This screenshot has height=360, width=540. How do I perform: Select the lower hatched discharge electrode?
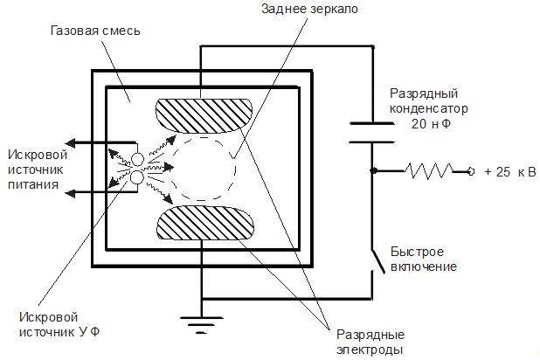202,224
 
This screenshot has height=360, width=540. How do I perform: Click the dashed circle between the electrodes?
202,169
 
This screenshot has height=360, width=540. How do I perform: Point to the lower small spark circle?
137,177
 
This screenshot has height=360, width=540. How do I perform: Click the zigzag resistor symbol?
431,170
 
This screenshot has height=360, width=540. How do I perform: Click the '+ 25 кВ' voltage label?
510,171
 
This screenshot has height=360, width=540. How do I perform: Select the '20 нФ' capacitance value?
431,124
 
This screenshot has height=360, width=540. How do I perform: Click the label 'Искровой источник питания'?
33,170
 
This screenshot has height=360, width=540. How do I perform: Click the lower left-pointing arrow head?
74,191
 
